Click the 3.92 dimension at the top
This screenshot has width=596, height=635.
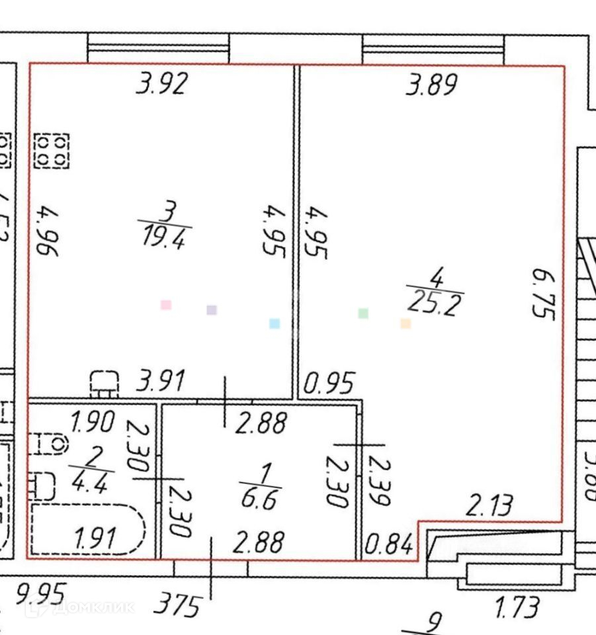click(162, 84)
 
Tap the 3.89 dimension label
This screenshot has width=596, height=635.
click(431, 85)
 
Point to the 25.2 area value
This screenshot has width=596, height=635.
click(435, 304)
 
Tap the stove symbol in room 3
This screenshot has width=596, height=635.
click(51, 150)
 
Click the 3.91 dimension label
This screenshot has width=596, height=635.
click(161, 381)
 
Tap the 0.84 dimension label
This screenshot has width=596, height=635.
click(391, 545)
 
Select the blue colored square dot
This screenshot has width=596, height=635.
click(275, 323)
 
